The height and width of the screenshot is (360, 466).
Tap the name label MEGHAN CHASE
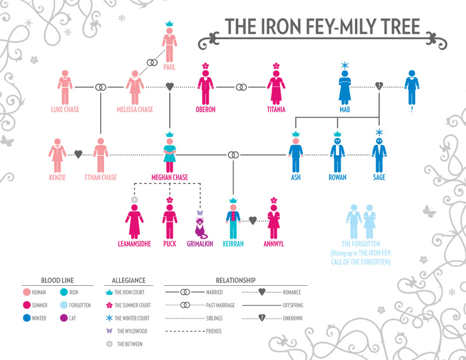[170, 178]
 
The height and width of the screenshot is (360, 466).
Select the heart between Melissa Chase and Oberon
[170, 87]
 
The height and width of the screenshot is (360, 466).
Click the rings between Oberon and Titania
[242, 87]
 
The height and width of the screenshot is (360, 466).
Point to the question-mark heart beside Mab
[379, 87]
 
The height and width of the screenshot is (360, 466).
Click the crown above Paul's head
[170, 24]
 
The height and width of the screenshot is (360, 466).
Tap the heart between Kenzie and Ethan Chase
[79, 154]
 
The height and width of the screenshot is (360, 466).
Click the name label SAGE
[379, 178]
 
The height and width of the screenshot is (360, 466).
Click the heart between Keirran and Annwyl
[251, 220]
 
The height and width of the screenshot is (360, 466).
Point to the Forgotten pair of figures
[361, 220]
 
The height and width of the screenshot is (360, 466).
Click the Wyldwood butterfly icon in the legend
[108, 331]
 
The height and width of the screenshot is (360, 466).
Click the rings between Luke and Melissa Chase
[101, 87]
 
